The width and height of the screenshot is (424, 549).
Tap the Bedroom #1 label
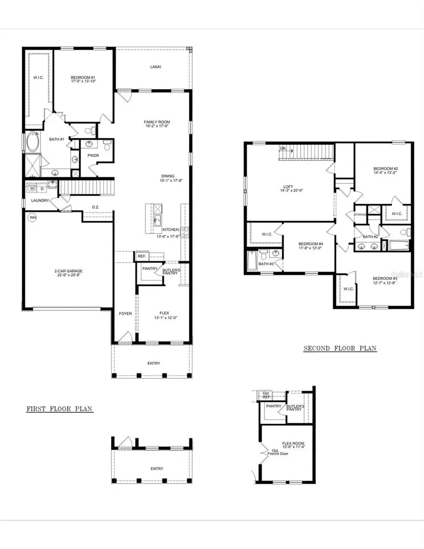83,78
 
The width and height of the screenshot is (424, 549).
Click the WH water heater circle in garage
33,218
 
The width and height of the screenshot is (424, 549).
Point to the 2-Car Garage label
69,271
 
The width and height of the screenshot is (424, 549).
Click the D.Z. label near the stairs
95,207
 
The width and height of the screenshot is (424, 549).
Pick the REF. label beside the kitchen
141,256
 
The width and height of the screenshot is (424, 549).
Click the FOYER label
125,313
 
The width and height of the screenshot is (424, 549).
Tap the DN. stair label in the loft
283,148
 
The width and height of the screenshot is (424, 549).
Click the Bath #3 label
264,264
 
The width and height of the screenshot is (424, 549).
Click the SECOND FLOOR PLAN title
340,349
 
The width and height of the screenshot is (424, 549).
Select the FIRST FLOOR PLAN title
59,409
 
